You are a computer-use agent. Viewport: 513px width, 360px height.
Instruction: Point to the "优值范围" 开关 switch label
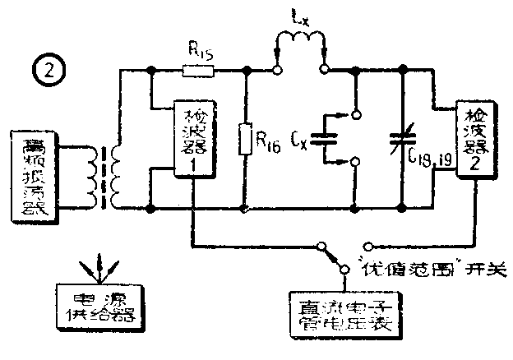440,269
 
